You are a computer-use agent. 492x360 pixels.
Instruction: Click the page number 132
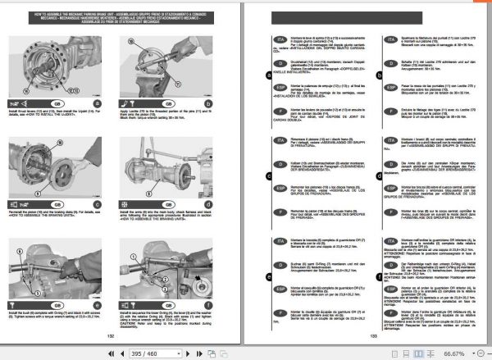[132, 335]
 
